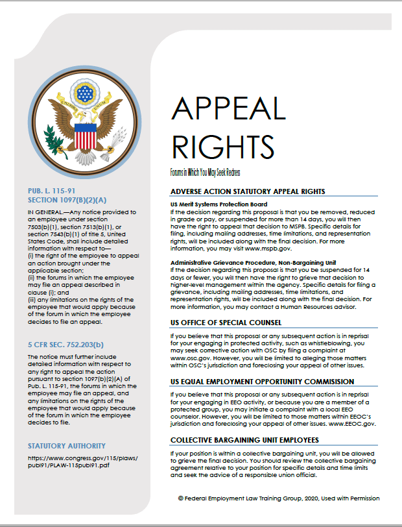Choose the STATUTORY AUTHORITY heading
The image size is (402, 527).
pyautogui.click(x=67, y=446)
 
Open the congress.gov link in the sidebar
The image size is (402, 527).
pyautogui.click(x=82, y=461)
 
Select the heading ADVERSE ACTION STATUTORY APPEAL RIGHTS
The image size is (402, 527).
pyautogui.click(x=247, y=191)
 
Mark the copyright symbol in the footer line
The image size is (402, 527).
pyautogui.click(x=181, y=498)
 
